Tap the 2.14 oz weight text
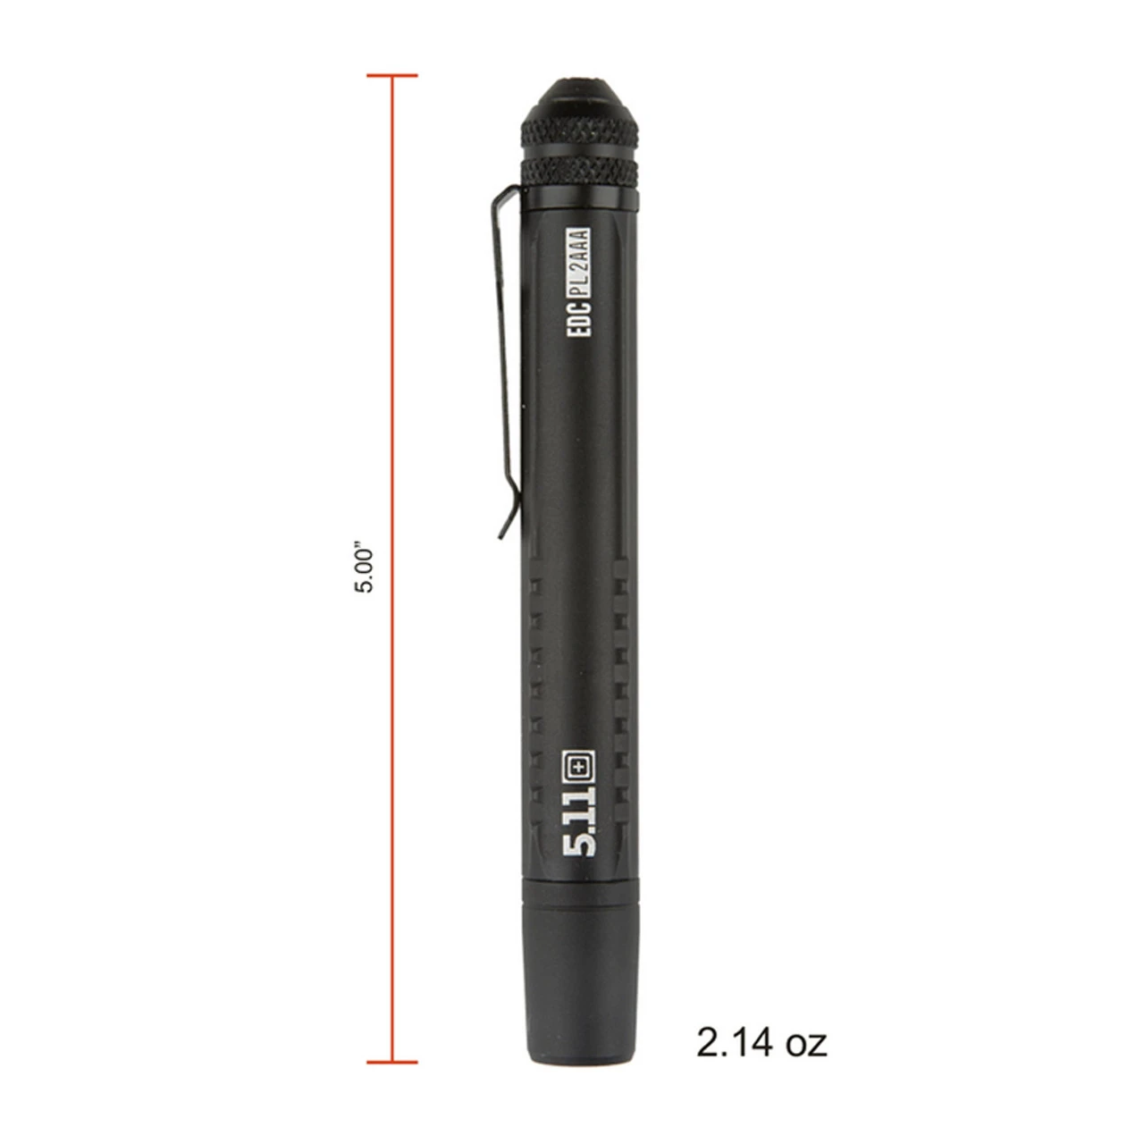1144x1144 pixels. click(x=761, y=1042)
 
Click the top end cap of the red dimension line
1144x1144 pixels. click(x=391, y=75)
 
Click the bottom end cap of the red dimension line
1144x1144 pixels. click(x=391, y=1063)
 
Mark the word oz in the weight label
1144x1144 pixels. click(x=803, y=1042)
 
